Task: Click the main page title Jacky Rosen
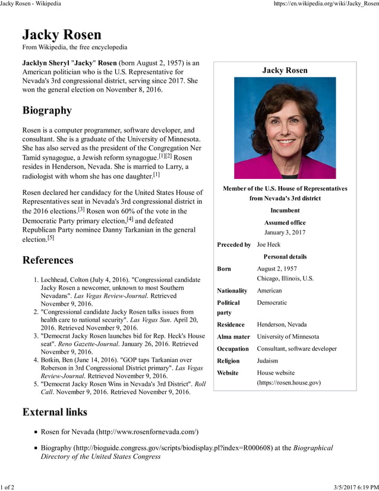tap(62, 34)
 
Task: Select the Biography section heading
tap(47, 111)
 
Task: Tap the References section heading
tap(48, 260)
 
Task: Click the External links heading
tap(55, 412)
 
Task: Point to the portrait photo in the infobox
tap(285, 128)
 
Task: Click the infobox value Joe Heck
tap(268, 244)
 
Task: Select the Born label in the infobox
tap(224, 269)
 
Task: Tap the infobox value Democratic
tap(271, 303)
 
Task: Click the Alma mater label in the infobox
tap(233, 336)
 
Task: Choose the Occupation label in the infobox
tap(233, 349)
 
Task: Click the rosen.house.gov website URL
tap(289, 382)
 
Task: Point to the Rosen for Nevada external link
tap(119, 432)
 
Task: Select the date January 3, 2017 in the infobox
tap(285, 232)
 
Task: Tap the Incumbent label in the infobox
tap(285, 210)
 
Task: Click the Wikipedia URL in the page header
tap(326, 4)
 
